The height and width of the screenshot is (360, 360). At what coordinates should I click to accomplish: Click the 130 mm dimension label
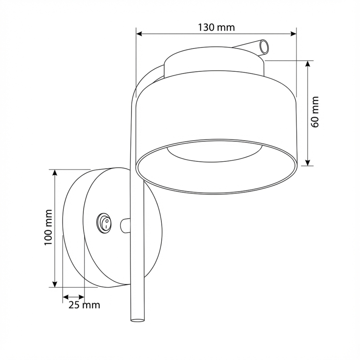pyautogui.click(x=216, y=27)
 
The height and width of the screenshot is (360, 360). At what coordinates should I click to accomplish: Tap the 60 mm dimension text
pyautogui.click(x=315, y=112)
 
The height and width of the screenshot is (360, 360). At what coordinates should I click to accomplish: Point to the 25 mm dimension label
pyautogui.click(x=84, y=305)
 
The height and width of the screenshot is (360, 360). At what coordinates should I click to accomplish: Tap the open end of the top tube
pyautogui.click(x=264, y=47)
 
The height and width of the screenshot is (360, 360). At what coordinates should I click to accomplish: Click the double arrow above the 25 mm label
pyautogui.click(x=73, y=297)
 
